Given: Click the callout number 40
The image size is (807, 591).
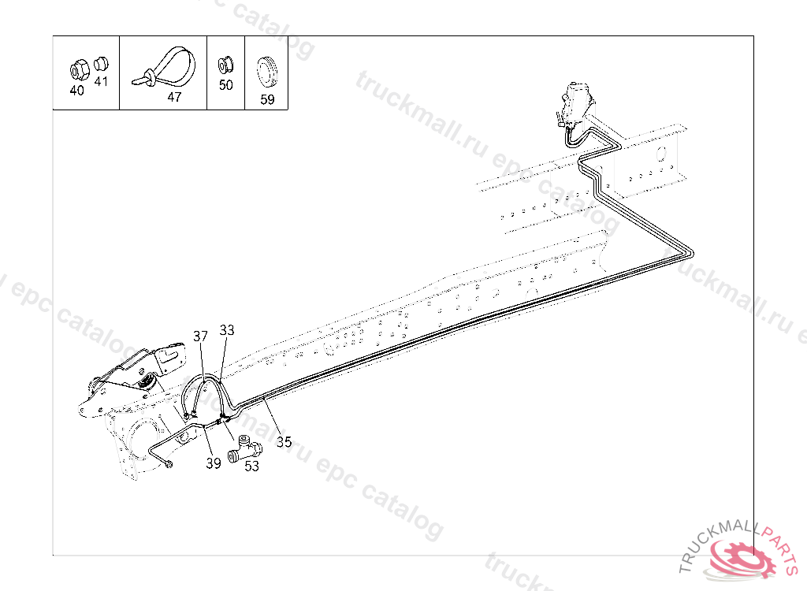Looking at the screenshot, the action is click(x=76, y=91).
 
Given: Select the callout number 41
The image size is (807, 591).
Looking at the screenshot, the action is click(x=101, y=81).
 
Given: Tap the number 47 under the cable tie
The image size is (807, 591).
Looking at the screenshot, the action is click(x=174, y=98).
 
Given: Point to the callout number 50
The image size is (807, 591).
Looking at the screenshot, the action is click(x=226, y=85).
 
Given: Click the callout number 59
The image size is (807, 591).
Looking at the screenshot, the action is click(x=268, y=100).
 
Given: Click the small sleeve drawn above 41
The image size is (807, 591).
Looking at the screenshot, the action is click(x=100, y=64).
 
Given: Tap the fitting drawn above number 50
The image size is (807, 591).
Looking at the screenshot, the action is click(x=225, y=64).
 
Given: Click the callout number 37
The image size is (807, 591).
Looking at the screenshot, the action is click(x=201, y=336).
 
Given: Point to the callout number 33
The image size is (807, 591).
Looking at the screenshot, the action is click(x=227, y=331).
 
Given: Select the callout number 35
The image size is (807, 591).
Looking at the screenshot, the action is click(x=284, y=442).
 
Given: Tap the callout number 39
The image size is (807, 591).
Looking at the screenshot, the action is click(x=214, y=463).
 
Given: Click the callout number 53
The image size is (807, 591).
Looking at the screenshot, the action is click(x=251, y=466).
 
